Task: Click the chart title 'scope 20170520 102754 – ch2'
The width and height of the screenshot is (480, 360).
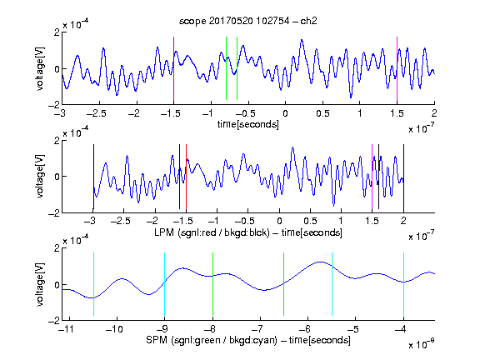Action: [248, 21]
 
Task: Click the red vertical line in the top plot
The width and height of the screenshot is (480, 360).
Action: [173, 69]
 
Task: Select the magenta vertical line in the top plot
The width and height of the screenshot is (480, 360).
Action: [397, 69]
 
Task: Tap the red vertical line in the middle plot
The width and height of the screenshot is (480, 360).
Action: [186, 177]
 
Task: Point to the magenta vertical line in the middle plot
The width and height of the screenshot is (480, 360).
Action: [372, 177]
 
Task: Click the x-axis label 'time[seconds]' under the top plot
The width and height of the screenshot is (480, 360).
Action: [248, 124]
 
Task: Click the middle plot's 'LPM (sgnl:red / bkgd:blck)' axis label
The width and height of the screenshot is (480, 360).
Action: [212, 232]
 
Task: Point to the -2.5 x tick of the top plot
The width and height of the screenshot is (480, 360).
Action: [97, 113]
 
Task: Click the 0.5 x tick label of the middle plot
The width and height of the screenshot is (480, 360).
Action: [310, 221]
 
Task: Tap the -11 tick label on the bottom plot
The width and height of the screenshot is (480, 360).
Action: [67, 329]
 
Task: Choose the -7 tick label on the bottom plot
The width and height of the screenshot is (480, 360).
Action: [259, 329]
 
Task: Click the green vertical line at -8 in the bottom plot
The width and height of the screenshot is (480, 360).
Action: [212, 284]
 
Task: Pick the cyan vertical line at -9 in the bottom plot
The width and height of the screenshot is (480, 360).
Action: [164, 284]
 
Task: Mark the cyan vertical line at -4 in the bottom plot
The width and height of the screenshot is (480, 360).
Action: [403, 284]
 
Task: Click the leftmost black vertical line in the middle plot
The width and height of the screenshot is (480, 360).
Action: [93, 177]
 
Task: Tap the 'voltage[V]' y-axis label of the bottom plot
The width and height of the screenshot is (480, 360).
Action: [40, 284]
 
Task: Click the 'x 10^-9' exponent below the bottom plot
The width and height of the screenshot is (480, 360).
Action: [421, 344]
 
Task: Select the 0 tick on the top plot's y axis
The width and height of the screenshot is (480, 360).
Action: [57, 69]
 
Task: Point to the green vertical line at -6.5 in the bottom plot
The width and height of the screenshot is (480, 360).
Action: [284, 284]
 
